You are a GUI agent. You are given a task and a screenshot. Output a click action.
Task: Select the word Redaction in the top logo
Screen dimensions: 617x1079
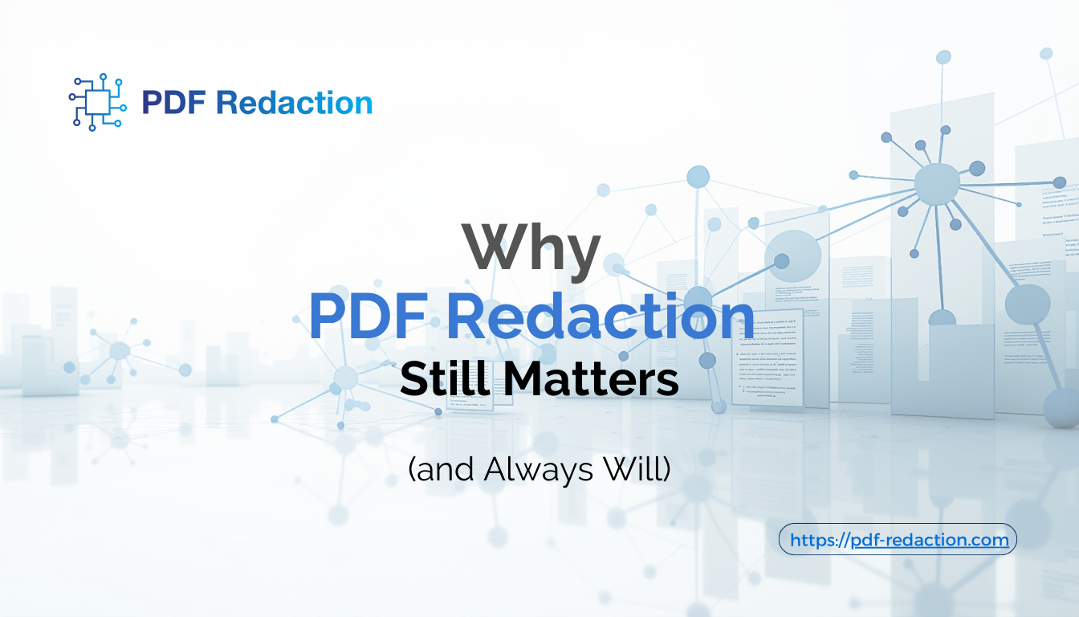pyautogui.click(x=295, y=103)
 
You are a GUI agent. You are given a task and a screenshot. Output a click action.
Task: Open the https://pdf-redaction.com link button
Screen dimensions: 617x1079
pyautogui.click(x=898, y=540)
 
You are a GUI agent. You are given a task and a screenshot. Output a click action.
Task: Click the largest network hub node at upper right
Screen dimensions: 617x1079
pyautogui.click(x=937, y=183)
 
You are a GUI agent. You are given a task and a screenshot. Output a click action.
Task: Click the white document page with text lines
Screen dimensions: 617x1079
pyautogui.click(x=769, y=357)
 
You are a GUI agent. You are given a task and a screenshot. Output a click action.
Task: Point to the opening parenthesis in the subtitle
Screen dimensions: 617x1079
pyautogui.click(x=413, y=470)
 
